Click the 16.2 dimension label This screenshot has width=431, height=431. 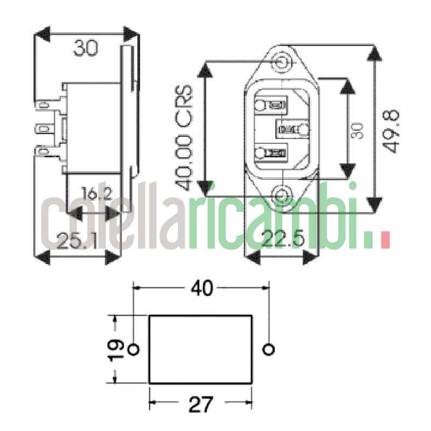tap(97, 193)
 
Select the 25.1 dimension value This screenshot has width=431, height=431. tap(77, 241)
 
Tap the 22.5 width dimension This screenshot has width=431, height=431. tap(283, 238)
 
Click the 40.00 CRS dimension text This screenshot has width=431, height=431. tap(184, 138)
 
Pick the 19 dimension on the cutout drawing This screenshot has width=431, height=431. tap(116, 350)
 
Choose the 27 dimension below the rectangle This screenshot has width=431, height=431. tap(201, 405)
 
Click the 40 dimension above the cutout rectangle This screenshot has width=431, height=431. tap(202, 288)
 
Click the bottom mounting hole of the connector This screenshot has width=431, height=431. tap(280, 196)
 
